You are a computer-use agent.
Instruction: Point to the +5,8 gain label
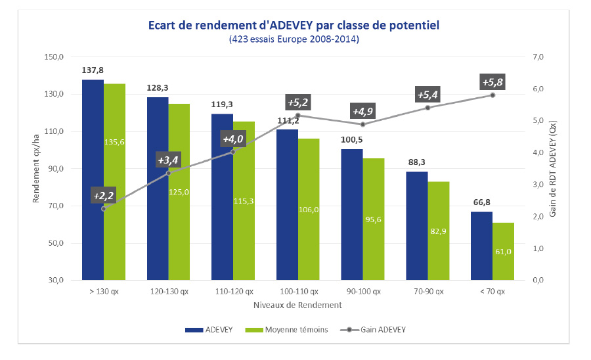493,83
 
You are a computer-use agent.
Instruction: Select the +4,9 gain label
363,111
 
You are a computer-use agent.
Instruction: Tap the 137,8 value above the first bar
93,70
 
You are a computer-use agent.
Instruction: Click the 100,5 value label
352,140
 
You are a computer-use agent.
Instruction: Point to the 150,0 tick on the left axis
53,57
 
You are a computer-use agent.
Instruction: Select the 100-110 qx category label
298,291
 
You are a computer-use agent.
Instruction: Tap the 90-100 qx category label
362,291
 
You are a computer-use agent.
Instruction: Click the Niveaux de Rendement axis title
297,305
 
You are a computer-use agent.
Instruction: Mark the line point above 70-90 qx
427,107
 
